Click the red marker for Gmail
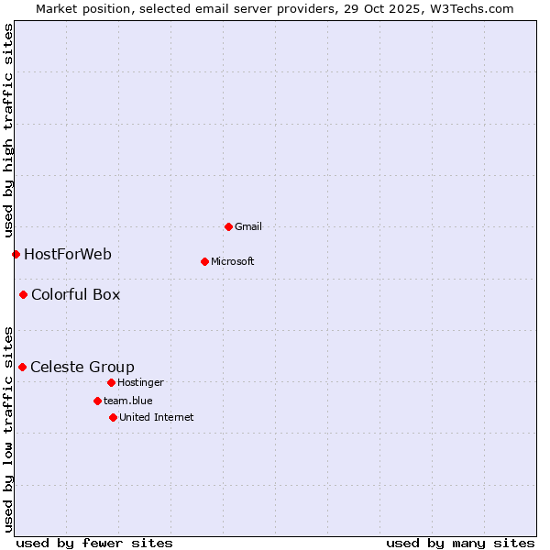click(x=228, y=226)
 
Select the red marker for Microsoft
click(x=204, y=261)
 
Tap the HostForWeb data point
click(x=16, y=254)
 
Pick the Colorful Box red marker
click(x=23, y=294)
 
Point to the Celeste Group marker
click(x=22, y=367)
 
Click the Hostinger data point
click(x=111, y=382)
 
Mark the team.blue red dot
click(x=97, y=401)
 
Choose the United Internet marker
click(x=113, y=417)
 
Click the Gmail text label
click(x=248, y=226)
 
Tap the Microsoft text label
click(x=233, y=261)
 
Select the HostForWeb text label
click(x=68, y=254)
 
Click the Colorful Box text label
click(x=75, y=294)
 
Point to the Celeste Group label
click(x=82, y=367)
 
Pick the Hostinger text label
click(x=140, y=382)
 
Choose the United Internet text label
click(x=156, y=417)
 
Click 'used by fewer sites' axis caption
click(x=94, y=543)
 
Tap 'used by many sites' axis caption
click(x=460, y=543)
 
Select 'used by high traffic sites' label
click(x=8, y=131)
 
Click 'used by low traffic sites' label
click(x=8, y=428)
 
